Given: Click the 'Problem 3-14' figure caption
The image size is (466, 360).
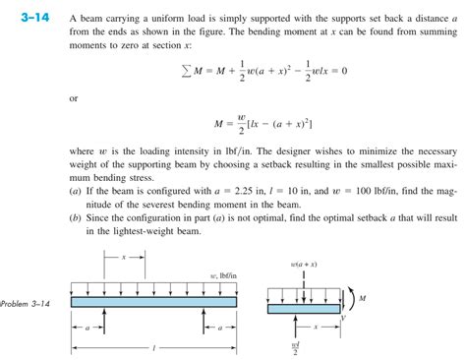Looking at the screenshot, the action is pyautogui.click(x=26, y=301).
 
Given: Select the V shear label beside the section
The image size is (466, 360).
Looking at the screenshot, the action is pyautogui.click(x=346, y=319).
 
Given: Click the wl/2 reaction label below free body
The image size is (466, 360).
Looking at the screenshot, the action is pyautogui.click(x=296, y=348).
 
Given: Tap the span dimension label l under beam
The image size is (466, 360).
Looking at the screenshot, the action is pyautogui.click(x=155, y=347).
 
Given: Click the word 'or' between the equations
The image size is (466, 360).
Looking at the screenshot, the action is pyautogui.click(x=74, y=98).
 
